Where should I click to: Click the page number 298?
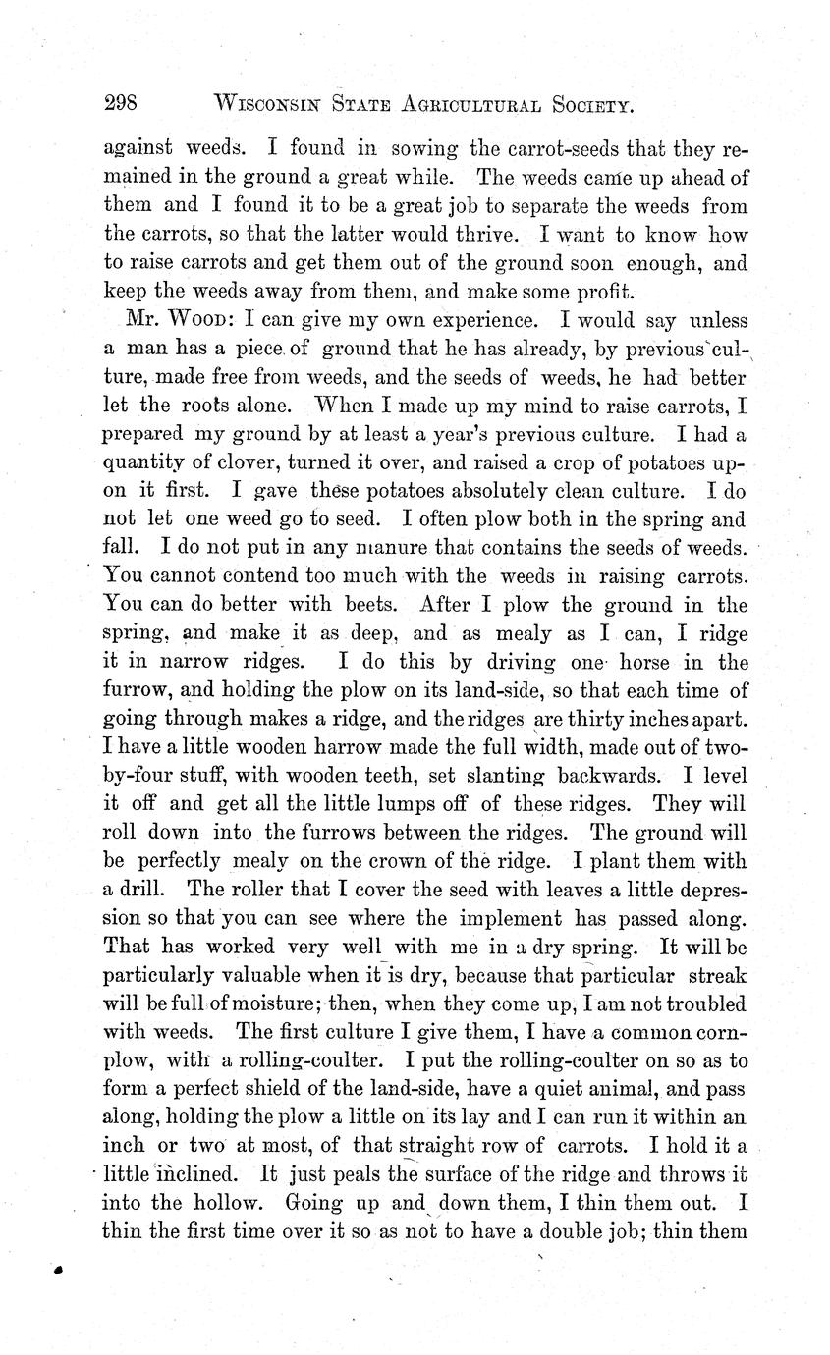125,103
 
